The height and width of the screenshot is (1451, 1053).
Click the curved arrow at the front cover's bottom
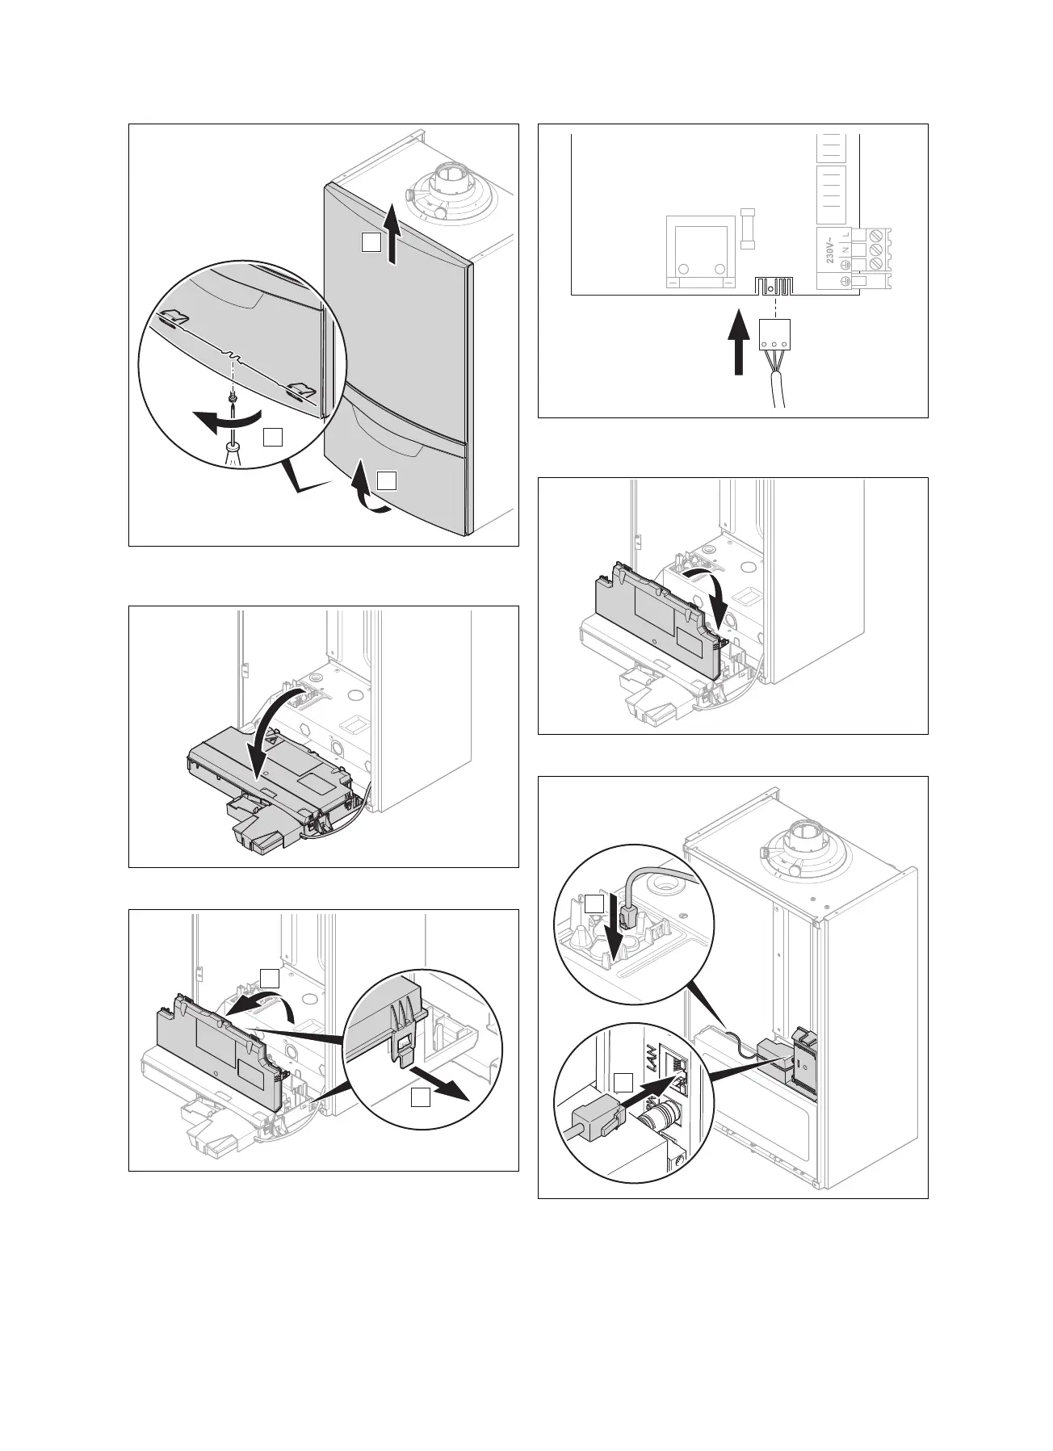(365, 493)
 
